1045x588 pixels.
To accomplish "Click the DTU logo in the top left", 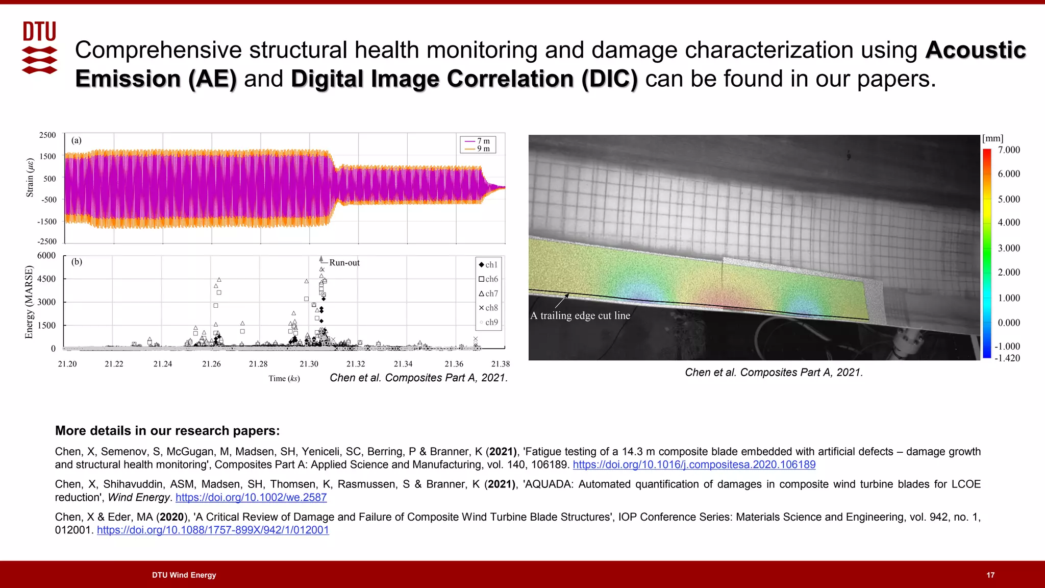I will click(x=40, y=47).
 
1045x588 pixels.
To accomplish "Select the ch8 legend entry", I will click(x=488, y=308).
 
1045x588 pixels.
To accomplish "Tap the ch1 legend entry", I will click(x=488, y=264).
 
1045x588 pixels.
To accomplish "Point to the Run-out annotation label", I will click(x=344, y=263).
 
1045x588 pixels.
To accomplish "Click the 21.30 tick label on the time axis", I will click(x=309, y=364).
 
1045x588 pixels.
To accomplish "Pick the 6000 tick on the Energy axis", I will click(x=46, y=255).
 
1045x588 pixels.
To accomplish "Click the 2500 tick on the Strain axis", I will click(x=47, y=135).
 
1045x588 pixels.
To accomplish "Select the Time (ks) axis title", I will click(x=284, y=378).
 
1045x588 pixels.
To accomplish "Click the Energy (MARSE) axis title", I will click(x=29, y=302).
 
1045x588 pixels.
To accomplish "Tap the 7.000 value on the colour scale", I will click(x=1009, y=150).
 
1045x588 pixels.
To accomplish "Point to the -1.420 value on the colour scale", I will click(x=1007, y=358).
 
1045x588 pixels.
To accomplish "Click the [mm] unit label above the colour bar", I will click(x=992, y=138).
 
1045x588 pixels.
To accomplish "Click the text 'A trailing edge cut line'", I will click(x=580, y=315).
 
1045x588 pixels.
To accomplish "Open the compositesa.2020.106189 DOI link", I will click(x=694, y=464).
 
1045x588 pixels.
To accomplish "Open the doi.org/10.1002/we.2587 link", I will click(x=251, y=497).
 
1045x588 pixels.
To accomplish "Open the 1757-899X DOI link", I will click(x=213, y=530).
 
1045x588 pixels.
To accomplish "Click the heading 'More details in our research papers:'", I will click(x=167, y=431).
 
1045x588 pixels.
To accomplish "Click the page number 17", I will click(x=990, y=575).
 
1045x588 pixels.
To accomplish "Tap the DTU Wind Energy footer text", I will click(x=184, y=575).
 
